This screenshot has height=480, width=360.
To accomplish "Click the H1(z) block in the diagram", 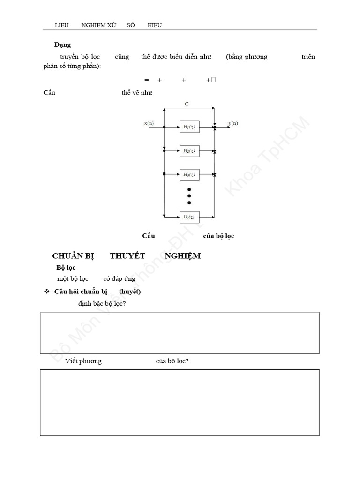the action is click(x=189, y=127).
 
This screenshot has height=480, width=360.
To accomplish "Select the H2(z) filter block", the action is click(x=189, y=150).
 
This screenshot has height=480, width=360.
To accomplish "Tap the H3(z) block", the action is click(x=189, y=174).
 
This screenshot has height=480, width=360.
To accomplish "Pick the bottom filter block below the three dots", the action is click(x=189, y=217).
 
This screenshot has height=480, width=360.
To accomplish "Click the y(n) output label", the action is click(x=233, y=123).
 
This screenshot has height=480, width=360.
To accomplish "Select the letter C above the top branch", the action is click(x=187, y=104).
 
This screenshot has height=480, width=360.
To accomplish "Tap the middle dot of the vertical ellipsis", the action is click(x=189, y=196).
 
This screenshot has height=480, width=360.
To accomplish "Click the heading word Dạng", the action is click(x=62, y=45).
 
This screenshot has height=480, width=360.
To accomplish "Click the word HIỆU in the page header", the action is click(x=155, y=25).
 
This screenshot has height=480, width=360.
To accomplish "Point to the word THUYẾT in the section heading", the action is click(x=127, y=256).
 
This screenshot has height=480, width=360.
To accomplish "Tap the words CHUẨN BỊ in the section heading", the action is click(x=73, y=256).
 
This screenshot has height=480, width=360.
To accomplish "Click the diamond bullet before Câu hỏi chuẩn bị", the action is click(x=46, y=292).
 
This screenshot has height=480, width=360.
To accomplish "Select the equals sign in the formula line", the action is click(x=146, y=80).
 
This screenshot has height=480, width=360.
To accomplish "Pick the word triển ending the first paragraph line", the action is click(x=308, y=57).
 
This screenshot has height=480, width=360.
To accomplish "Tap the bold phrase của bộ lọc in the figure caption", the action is click(x=218, y=236).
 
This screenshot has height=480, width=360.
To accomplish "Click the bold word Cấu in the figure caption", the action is click(x=149, y=236).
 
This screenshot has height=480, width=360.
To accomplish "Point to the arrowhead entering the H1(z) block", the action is click(x=177, y=127).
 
